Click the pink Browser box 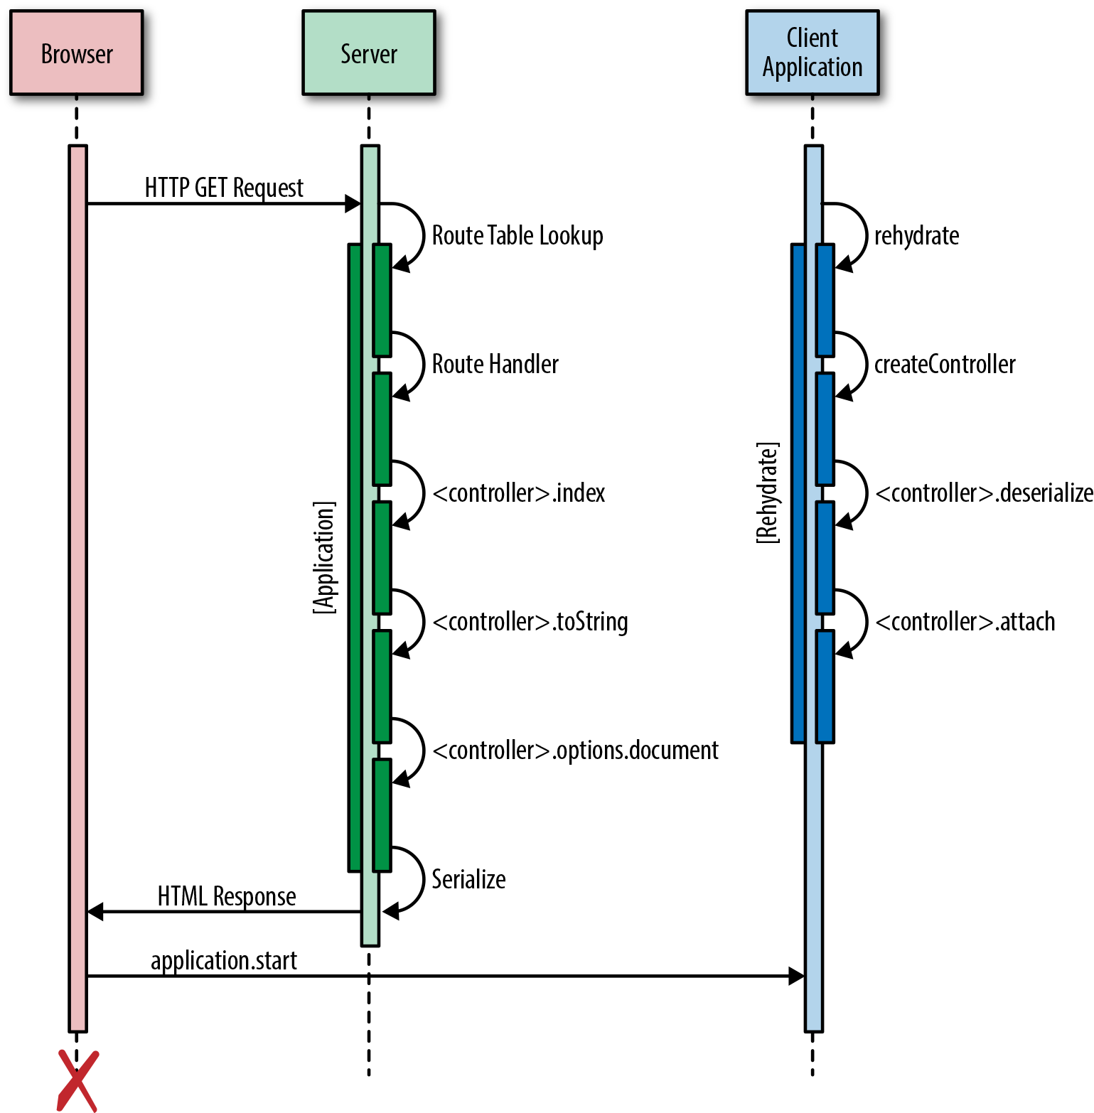[x=76, y=53]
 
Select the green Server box [x=368, y=53]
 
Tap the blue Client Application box [x=812, y=53]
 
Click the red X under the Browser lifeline [x=77, y=1080]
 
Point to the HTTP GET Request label [x=224, y=188]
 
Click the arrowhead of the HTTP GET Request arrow [x=353, y=204]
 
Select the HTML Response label [x=227, y=896]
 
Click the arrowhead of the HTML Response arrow [x=95, y=911]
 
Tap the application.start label [x=224, y=960]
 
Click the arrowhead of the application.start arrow [x=796, y=976]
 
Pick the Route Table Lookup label [x=517, y=235]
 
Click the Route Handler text [x=495, y=364]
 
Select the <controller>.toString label [x=530, y=621]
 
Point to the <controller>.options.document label [x=575, y=750]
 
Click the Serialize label [x=468, y=879]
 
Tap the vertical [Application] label [x=324, y=557]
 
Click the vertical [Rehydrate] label [x=767, y=493]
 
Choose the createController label [x=944, y=364]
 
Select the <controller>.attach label [x=965, y=621]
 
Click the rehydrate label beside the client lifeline [x=916, y=235]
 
